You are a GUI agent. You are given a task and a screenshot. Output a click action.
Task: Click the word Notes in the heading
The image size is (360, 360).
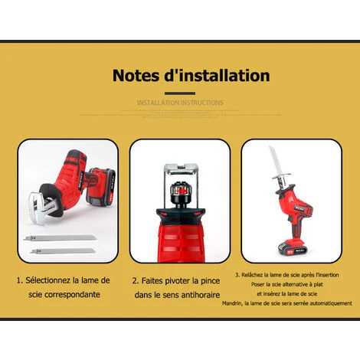click(x=138, y=76)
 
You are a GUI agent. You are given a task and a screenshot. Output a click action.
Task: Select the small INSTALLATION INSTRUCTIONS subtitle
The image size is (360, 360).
click(x=180, y=102)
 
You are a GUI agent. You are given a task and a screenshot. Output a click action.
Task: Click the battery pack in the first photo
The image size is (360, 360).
click(x=101, y=187)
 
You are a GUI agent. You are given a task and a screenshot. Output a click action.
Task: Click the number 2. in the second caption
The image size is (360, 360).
click(x=136, y=280)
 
